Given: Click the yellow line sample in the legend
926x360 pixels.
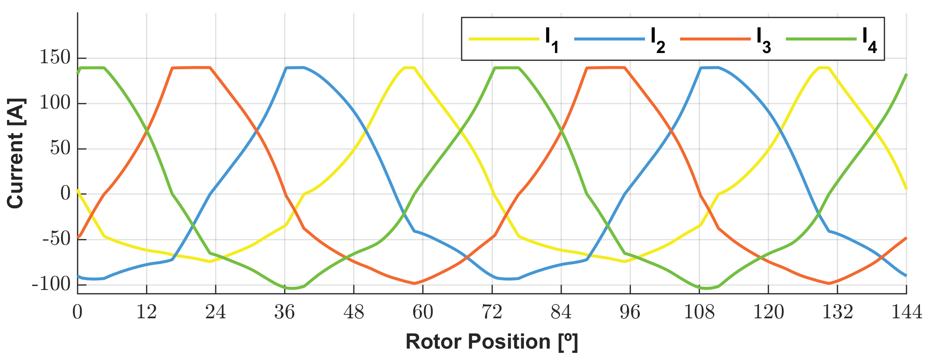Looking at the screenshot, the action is (x=504, y=39).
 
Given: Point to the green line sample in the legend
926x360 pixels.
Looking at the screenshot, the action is (x=821, y=39).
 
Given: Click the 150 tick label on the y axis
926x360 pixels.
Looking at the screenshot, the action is (x=55, y=58).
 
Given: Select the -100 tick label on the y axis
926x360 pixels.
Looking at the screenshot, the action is (x=51, y=285).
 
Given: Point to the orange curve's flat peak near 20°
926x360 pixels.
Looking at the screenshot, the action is (x=191, y=67).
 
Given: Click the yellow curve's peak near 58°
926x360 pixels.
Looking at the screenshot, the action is (x=409, y=67).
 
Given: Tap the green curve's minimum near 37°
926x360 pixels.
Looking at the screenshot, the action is (x=292, y=288).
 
